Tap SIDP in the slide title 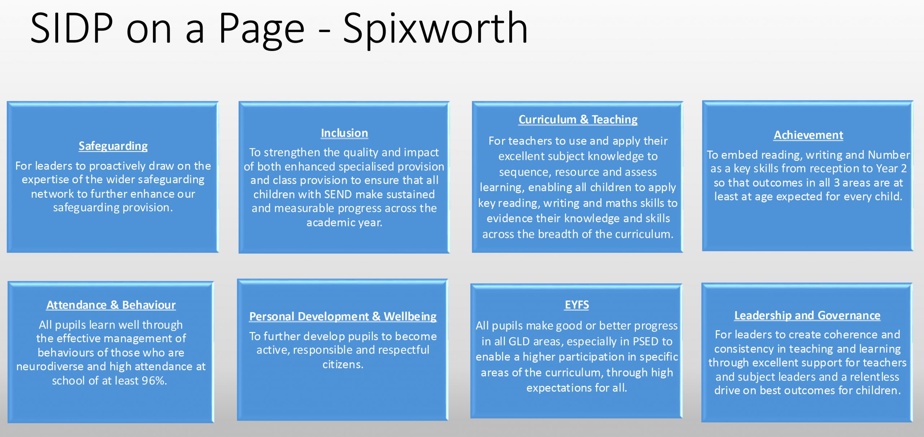click(71, 28)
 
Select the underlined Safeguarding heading click(113, 146)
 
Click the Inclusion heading click(344, 133)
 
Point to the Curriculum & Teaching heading click(578, 119)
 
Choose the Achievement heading click(808, 135)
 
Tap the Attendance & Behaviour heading click(111, 305)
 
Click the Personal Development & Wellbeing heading click(343, 316)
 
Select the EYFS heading click(577, 305)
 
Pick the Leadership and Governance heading click(807, 315)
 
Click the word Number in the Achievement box click(889, 155)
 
